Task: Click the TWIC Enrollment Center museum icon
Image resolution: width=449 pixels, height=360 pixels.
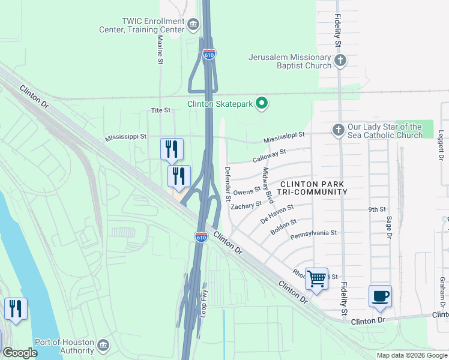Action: pyautogui.click(x=193, y=25)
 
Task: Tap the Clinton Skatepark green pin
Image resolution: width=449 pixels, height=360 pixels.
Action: pyautogui.click(x=262, y=104)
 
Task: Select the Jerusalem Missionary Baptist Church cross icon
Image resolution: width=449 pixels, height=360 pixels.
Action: pyautogui.click(x=340, y=60)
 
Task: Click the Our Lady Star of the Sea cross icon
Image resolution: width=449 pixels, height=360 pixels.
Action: pyautogui.click(x=338, y=130)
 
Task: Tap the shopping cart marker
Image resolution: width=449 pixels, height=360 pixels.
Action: pyautogui.click(x=316, y=278)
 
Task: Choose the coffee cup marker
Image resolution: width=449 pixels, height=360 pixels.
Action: pyautogui.click(x=380, y=296)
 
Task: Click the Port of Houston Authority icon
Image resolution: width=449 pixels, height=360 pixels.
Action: pyautogui.click(x=103, y=345)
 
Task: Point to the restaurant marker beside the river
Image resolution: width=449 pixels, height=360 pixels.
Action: pyautogui.click(x=15, y=308)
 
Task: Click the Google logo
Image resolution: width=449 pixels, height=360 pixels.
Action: pyautogui.click(x=20, y=353)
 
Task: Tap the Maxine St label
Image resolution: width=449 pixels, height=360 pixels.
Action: pyautogui.click(x=160, y=49)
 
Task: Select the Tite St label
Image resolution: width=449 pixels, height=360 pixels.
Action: pyautogui.click(x=160, y=110)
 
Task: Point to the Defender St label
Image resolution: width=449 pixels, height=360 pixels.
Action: pyautogui.click(x=228, y=184)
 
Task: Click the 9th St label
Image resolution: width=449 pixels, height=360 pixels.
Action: pyautogui.click(x=376, y=209)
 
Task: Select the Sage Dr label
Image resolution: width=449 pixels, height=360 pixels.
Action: pyautogui.click(x=389, y=229)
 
